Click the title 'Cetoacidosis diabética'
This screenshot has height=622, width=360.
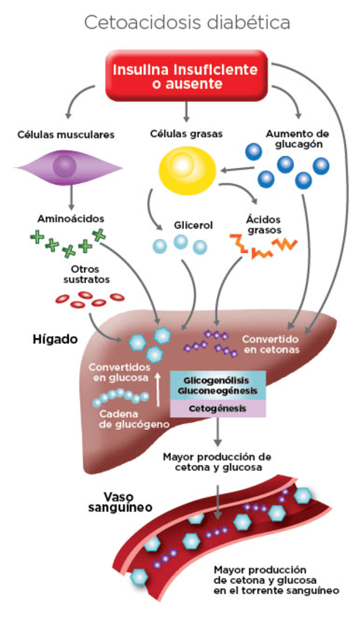[187, 23]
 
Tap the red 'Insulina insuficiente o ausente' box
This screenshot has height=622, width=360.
[185, 76]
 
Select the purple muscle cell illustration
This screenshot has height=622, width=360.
[65, 167]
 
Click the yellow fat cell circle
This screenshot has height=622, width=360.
[188, 167]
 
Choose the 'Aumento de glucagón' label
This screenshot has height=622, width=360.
[296, 139]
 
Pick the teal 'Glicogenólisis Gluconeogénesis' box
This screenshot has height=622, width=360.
[218, 387]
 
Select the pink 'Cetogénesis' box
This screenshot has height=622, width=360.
[218, 409]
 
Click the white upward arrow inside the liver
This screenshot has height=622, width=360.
[158, 388]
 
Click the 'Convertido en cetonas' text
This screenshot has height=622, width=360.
[271, 345]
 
